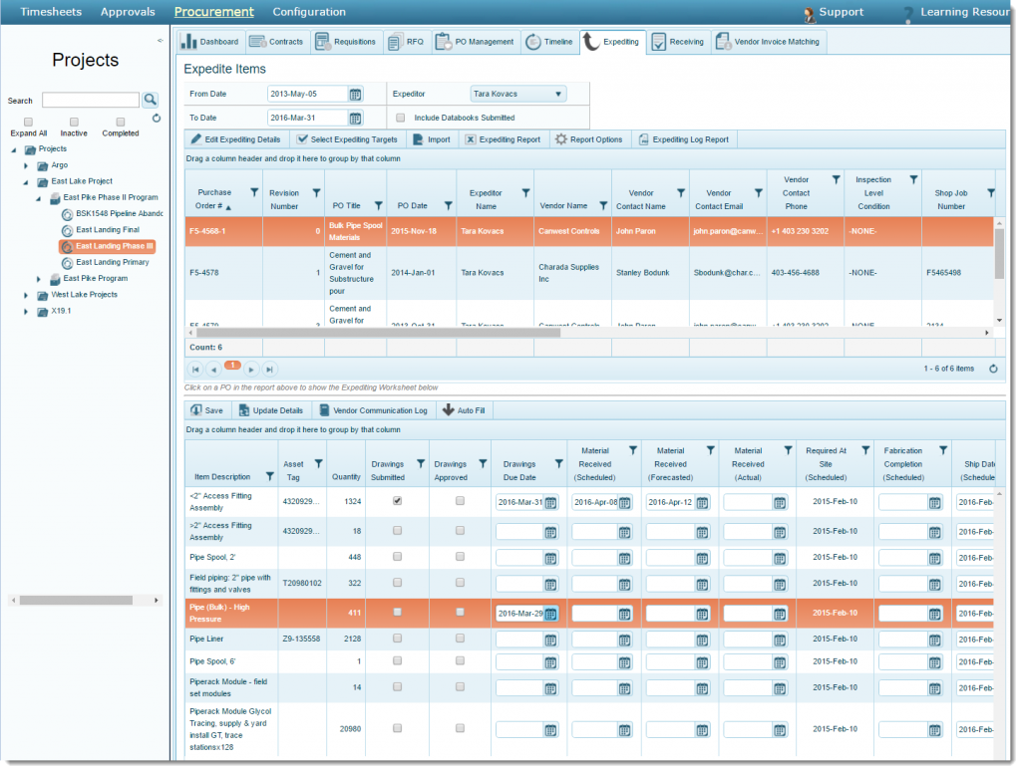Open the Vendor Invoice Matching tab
tap(769, 42)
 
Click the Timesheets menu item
tap(51, 12)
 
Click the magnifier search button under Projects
tap(151, 100)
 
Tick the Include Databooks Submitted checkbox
tap(400, 118)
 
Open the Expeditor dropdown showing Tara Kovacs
tap(517, 94)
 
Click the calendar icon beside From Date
tap(355, 94)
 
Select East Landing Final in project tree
tap(107, 230)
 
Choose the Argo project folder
tap(60, 165)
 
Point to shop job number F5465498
tap(943, 272)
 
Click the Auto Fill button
tap(464, 410)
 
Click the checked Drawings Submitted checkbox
tap(398, 501)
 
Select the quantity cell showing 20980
tap(349, 728)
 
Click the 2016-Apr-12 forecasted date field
tap(670, 502)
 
